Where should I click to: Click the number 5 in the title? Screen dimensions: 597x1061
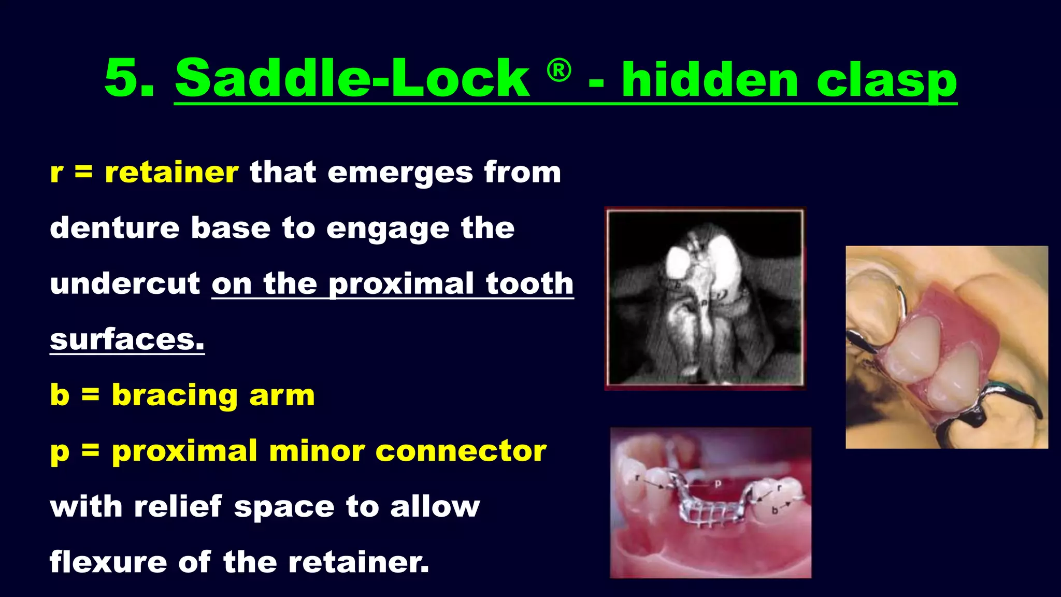[x=123, y=79]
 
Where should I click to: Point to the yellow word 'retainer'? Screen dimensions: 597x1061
[x=171, y=173]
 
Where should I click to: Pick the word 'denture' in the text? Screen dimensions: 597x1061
[x=114, y=228]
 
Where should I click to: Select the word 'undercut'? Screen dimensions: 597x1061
[x=125, y=284]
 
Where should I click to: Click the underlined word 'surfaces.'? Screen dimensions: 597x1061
[x=127, y=340]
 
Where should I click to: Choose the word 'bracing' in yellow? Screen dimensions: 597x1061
[x=175, y=396]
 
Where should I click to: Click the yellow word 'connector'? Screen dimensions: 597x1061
[x=461, y=451]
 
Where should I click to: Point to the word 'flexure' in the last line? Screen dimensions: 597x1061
[x=108, y=562]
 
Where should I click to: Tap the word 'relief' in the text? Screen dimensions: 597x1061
[x=178, y=506]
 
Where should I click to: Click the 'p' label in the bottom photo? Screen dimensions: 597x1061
[x=718, y=484]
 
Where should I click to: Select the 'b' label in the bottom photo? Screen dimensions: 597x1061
[x=775, y=510]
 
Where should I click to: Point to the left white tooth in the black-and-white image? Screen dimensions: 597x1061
[x=678, y=262]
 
